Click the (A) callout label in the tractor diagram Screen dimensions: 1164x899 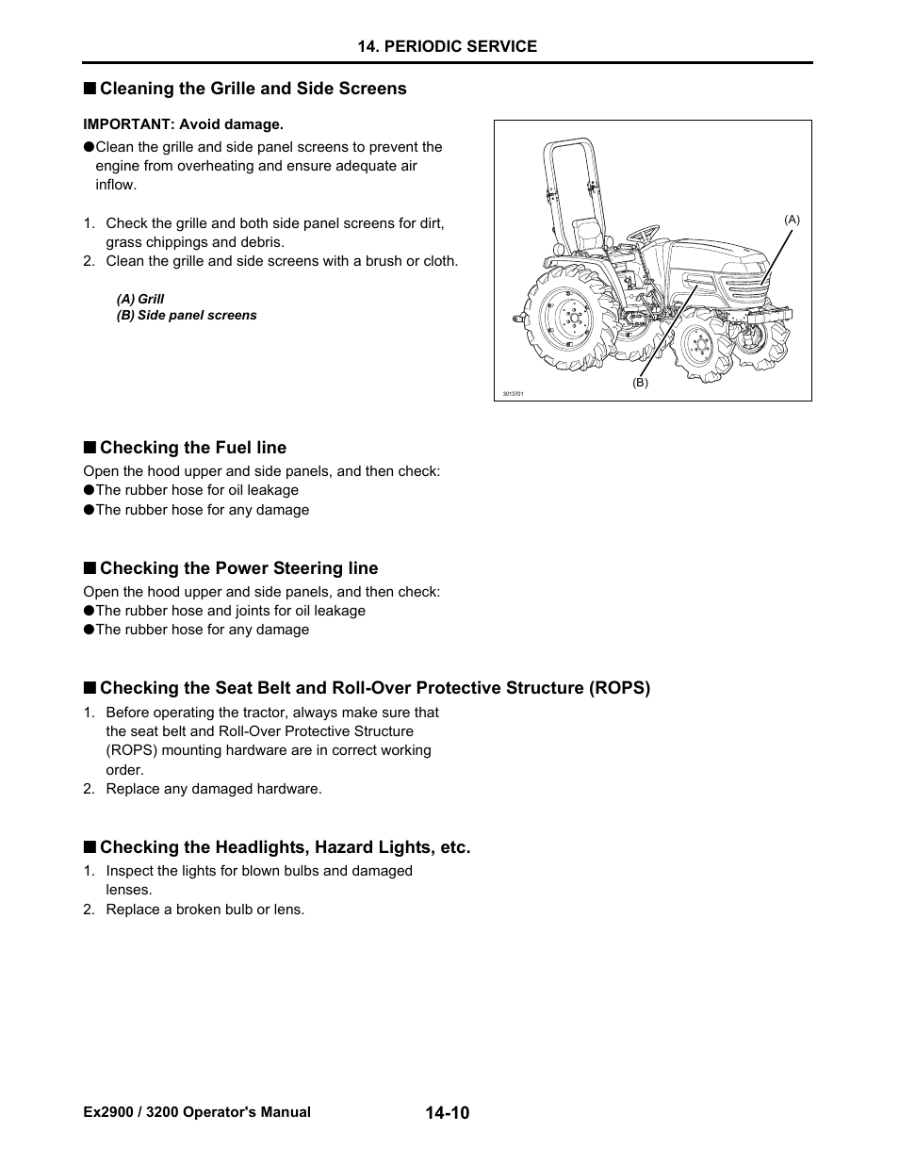[x=792, y=220]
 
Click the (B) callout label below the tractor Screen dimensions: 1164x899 [x=640, y=384]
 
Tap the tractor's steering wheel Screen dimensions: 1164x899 [x=645, y=232]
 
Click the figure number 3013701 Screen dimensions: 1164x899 [x=513, y=394]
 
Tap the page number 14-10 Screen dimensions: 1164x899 [x=447, y=1113]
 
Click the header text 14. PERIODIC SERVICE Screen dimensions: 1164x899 [x=448, y=46]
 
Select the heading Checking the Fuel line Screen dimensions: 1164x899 [x=192, y=448]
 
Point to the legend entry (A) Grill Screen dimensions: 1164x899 [x=140, y=299]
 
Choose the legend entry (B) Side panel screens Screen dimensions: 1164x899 [x=187, y=316]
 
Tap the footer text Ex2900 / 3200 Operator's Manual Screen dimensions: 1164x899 [x=197, y=1112]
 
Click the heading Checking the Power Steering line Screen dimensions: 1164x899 [x=238, y=568]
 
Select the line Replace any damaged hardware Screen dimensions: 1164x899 [x=213, y=789]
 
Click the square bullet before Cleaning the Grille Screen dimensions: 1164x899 [x=89, y=89]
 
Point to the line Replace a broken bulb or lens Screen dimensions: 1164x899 [x=204, y=910]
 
